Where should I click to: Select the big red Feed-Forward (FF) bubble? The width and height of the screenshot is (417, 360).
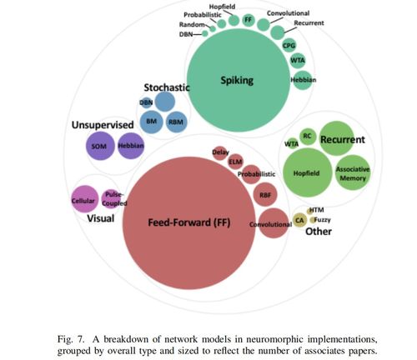pos(189,223)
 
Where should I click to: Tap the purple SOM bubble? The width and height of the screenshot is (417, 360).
pos(100,146)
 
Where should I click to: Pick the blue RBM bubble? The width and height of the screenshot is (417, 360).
pos(176,122)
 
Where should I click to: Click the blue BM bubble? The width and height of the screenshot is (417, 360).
pos(151,122)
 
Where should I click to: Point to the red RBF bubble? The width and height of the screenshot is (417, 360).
pos(265,194)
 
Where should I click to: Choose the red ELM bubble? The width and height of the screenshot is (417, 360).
pos(235,162)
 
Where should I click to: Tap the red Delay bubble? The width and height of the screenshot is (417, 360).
pos(220,153)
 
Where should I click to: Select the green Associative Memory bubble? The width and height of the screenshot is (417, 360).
pos(353,172)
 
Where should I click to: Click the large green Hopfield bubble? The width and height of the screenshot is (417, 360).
pos(308,172)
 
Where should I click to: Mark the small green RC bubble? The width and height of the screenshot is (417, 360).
pos(308,137)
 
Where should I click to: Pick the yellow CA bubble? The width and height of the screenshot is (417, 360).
pos(299,220)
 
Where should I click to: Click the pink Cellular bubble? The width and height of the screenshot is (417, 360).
pos(85,199)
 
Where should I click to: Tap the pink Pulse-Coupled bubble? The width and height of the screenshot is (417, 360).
pos(113,199)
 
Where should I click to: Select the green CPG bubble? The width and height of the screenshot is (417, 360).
pos(289,45)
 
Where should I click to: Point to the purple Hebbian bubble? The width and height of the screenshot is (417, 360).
pos(131,146)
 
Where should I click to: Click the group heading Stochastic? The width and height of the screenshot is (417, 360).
pos(167,87)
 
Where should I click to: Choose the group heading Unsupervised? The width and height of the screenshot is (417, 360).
pos(103,125)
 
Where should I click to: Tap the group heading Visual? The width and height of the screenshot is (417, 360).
pos(101,218)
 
